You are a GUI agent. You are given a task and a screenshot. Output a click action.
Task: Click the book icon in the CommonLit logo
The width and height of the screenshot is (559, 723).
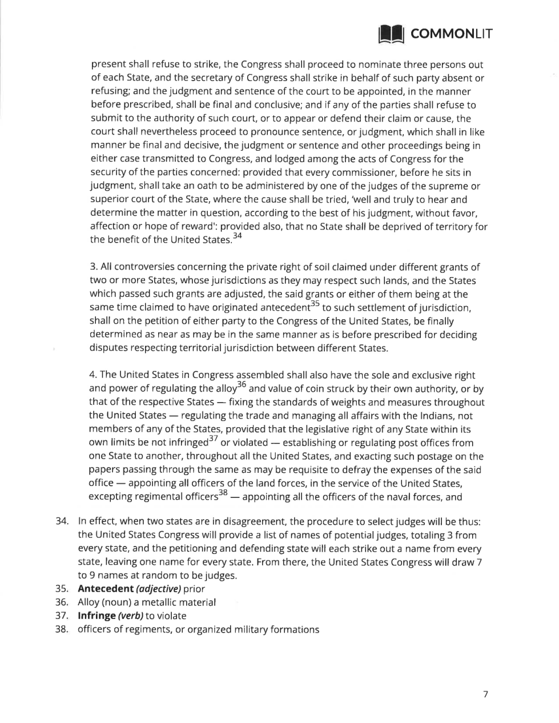pyautogui.click(x=392, y=34)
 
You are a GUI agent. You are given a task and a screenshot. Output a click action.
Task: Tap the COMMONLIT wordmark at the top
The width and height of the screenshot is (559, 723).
pyautogui.click(x=451, y=34)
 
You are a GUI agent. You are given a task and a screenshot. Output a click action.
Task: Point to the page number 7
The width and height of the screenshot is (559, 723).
pyautogui.click(x=485, y=694)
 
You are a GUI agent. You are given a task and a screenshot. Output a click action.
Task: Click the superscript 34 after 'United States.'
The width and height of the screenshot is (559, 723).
pyautogui.click(x=237, y=236)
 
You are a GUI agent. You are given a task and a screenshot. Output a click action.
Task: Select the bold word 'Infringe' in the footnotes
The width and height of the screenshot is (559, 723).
pyautogui.click(x=96, y=616)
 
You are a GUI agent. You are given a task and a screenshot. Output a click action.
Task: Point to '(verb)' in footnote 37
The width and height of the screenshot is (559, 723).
pyautogui.click(x=130, y=616)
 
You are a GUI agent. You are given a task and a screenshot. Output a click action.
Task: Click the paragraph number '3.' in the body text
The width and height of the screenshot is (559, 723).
pyautogui.click(x=94, y=267)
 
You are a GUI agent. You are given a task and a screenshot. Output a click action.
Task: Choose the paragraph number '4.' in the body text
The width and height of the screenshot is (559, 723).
pyautogui.click(x=94, y=375)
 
